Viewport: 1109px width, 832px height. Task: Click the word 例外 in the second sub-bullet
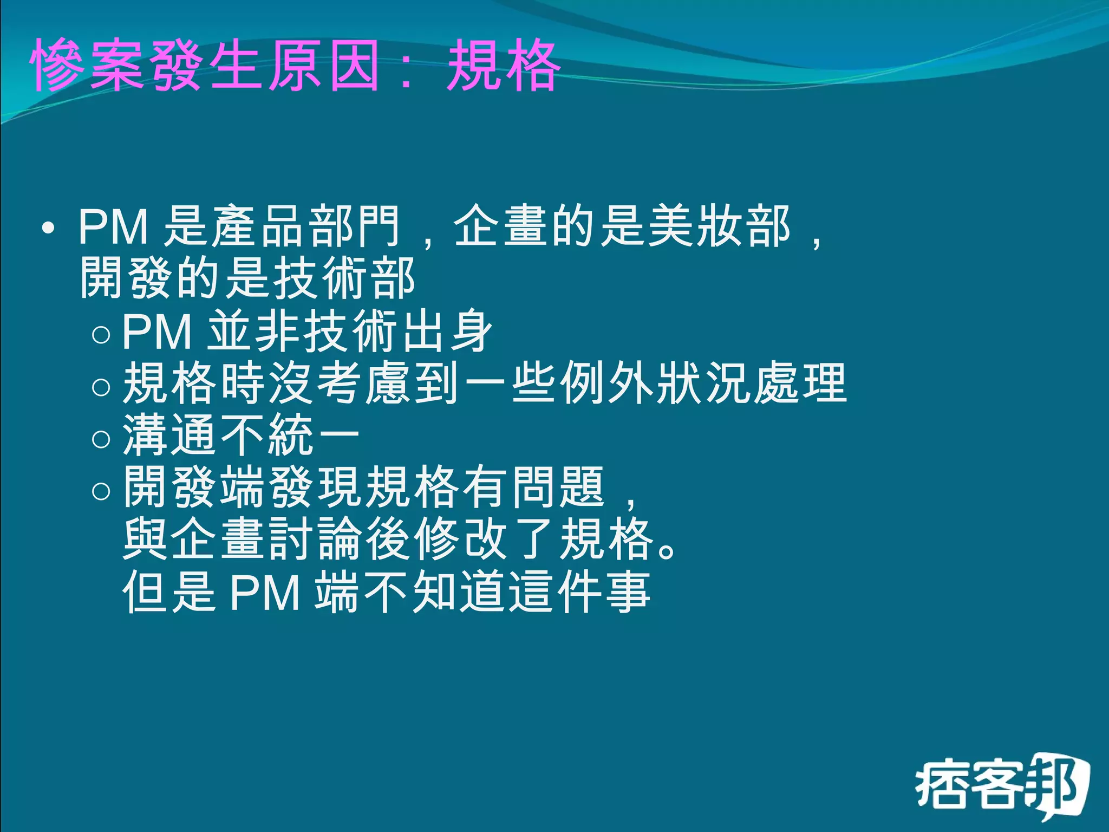click(x=606, y=384)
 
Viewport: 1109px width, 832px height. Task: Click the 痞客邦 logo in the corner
click(x=1002, y=785)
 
